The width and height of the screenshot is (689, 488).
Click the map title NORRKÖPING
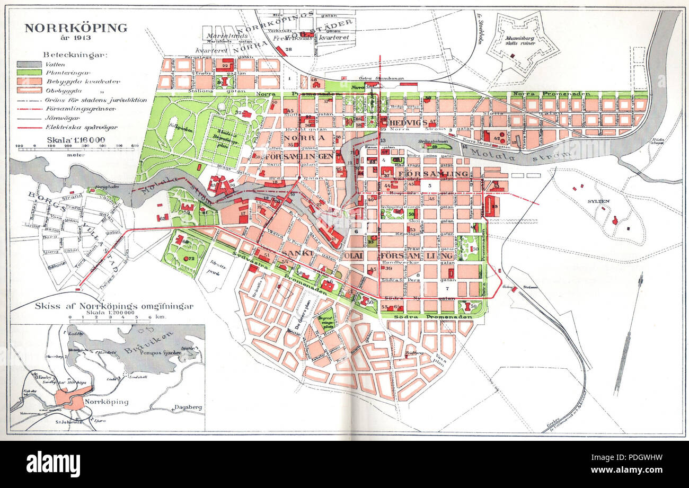coord(76,28)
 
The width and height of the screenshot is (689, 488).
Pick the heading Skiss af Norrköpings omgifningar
coord(113,306)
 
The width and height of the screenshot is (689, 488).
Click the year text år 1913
coord(76,38)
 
